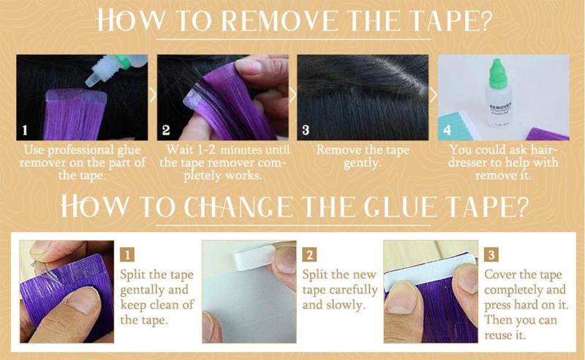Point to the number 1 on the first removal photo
point(25,130)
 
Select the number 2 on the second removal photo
point(166,130)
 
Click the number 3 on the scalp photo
point(306,130)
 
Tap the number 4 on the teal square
point(447,130)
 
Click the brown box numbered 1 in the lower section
point(127,255)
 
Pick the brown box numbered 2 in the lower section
point(309,255)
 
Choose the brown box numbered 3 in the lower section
point(491,255)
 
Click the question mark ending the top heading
point(484,21)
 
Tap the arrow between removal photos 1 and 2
point(152,95)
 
